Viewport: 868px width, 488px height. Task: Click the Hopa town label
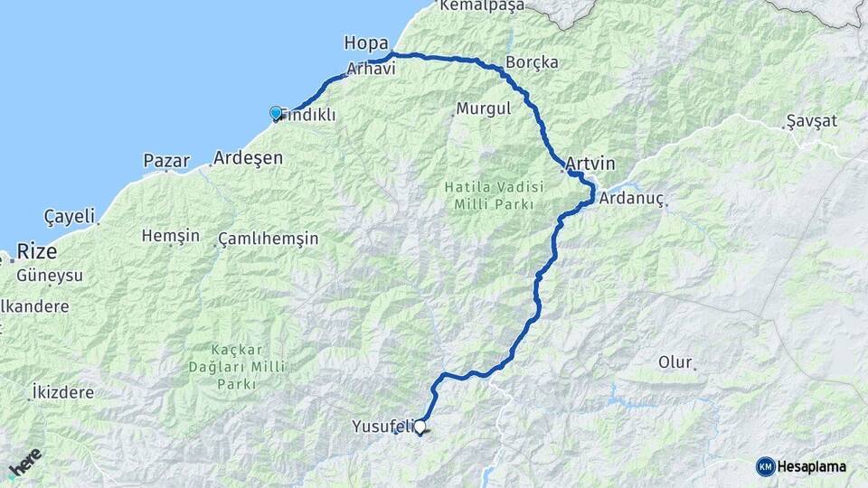pyautogui.click(x=365, y=42)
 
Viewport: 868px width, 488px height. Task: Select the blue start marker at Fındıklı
pyautogui.click(x=276, y=113)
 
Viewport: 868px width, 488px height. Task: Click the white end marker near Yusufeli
pyautogui.click(x=420, y=426)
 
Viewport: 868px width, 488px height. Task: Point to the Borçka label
pyautogui.click(x=532, y=62)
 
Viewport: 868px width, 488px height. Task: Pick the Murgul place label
pyautogui.click(x=484, y=108)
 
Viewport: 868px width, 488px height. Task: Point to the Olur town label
pyautogui.click(x=675, y=362)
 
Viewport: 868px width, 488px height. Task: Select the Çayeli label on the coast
pyautogui.click(x=69, y=217)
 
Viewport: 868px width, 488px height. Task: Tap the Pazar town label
pyautogui.click(x=166, y=162)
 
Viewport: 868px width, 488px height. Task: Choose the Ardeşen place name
pyautogui.click(x=248, y=158)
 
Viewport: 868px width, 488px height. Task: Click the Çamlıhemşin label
pyautogui.click(x=268, y=239)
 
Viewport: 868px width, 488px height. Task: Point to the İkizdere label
pyautogui.click(x=63, y=392)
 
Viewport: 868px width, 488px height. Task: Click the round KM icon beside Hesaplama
pyautogui.click(x=766, y=466)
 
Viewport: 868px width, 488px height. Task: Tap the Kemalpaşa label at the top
pyautogui.click(x=481, y=5)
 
